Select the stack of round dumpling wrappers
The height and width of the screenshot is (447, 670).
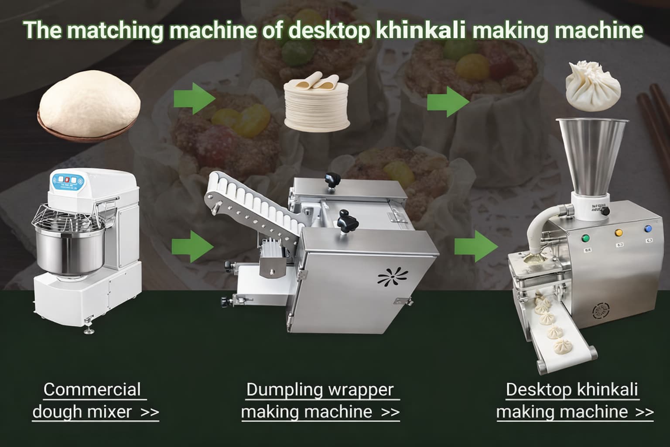(x=317, y=102)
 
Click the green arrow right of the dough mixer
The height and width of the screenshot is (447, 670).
(x=193, y=247)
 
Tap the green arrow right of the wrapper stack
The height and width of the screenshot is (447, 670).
(x=448, y=102)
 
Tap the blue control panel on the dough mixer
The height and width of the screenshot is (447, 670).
(x=68, y=180)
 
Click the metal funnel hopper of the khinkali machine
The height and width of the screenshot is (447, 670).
(x=592, y=156)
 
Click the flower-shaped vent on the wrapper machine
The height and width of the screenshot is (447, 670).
(x=393, y=276)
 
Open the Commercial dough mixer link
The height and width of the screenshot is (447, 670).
(x=96, y=401)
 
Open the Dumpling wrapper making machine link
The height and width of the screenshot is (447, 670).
(x=320, y=401)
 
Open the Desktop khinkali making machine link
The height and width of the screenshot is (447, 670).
(x=575, y=401)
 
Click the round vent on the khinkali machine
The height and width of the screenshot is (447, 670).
(x=601, y=311)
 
